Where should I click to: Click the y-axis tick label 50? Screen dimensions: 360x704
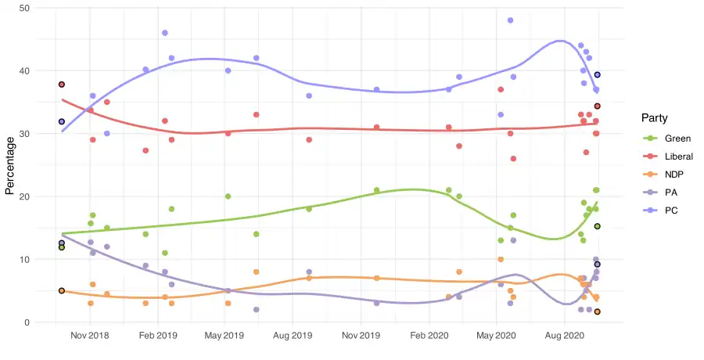(x=24, y=8)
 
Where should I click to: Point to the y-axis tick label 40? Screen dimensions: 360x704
(x=24, y=70)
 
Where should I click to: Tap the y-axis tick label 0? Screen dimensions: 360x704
(x=27, y=322)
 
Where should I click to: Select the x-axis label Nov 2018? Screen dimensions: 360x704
(x=90, y=335)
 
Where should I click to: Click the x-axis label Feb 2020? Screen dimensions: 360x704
(x=428, y=335)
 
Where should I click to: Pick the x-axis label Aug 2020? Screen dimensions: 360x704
(x=563, y=335)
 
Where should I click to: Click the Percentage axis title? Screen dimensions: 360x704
(x=10, y=165)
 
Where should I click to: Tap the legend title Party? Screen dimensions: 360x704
(x=654, y=118)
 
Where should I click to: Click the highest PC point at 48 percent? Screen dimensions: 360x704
(x=510, y=20)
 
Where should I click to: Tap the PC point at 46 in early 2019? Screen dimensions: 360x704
(x=165, y=33)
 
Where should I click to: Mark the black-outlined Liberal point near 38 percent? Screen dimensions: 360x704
(x=62, y=85)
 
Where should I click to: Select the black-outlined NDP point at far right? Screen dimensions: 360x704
(x=598, y=311)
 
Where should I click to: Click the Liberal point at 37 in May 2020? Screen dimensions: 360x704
(x=501, y=90)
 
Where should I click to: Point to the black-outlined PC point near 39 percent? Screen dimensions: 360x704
(x=598, y=75)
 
